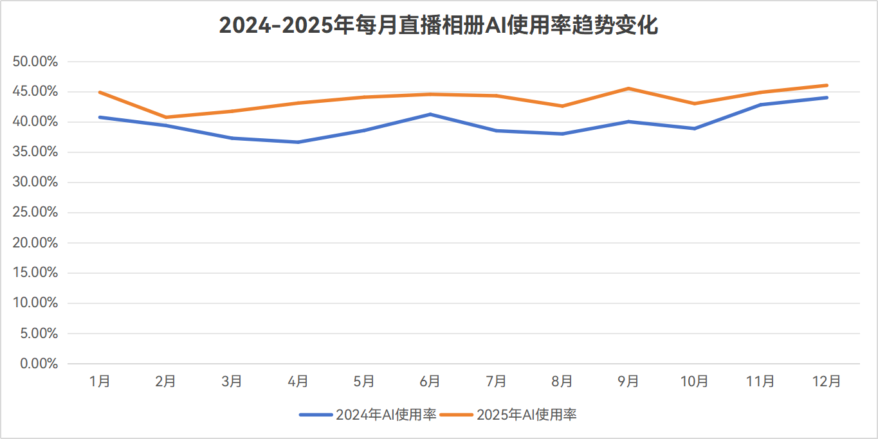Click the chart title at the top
click(439, 26)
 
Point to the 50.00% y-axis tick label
click(35, 62)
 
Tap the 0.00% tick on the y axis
click(38, 364)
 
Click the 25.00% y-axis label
click(35, 213)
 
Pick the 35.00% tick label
click(35, 152)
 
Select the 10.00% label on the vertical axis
click(35, 303)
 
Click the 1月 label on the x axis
click(100, 381)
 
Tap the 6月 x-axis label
click(430, 381)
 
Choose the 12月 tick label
click(827, 381)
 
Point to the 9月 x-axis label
click(628, 381)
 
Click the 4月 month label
click(298, 381)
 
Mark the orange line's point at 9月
click(628, 88)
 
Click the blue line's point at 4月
click(298, 142)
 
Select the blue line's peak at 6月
click(430, 114)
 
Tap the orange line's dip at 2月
click(166, 117)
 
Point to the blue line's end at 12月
click(827, 98)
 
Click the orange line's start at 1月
click(100, 92)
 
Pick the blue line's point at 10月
click(695, 129)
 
